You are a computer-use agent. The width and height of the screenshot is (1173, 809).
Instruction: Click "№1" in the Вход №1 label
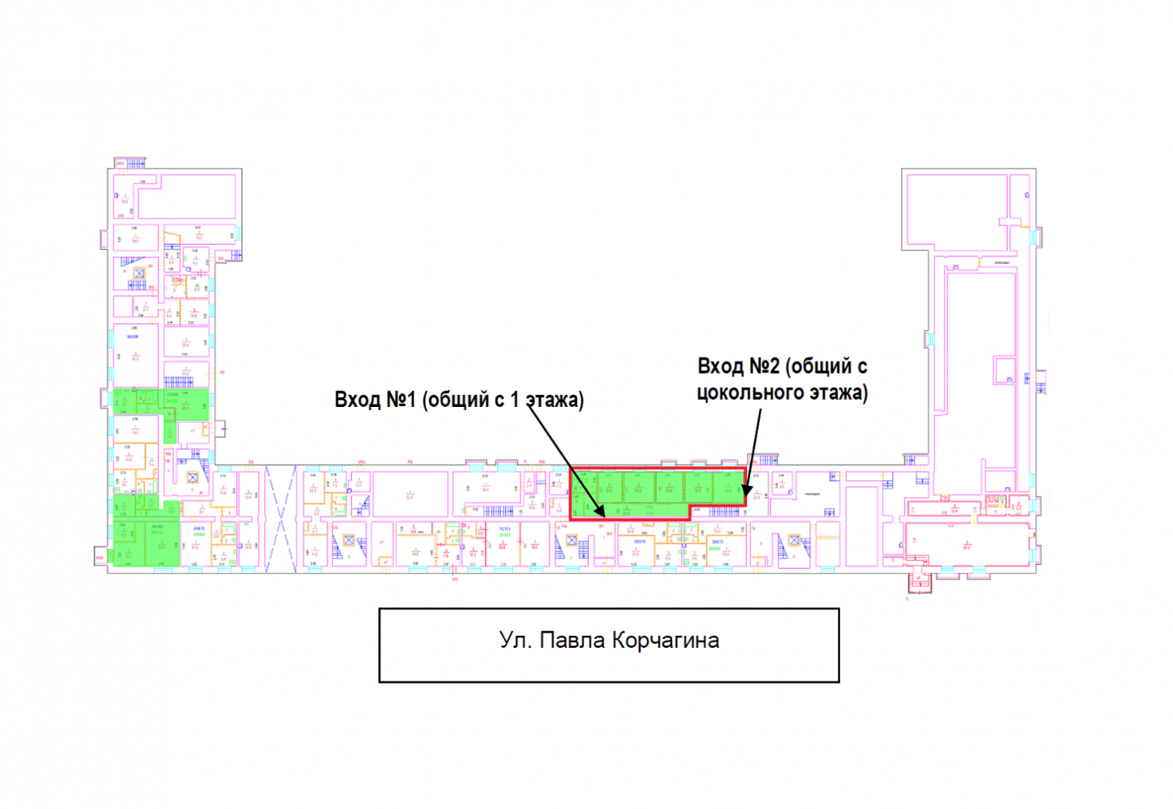[400, 400]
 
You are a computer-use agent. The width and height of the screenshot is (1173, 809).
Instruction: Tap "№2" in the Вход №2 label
[763, 366]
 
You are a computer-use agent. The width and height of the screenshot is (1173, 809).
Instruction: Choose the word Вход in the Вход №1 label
[357, 400]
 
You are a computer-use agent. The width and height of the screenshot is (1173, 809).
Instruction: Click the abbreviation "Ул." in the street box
[514, 641]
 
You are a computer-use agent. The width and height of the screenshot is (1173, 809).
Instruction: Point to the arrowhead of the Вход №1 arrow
[602, 514]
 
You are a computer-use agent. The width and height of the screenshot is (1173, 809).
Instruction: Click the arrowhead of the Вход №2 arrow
[745, 492]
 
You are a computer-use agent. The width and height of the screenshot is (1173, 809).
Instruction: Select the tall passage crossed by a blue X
[281, 518]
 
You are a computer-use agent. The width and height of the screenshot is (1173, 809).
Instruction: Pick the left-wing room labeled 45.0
[134, 355]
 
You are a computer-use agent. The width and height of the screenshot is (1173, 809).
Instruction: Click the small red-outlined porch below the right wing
[919, 582]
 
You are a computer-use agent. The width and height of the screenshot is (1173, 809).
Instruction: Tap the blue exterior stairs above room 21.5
[767, 461]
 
